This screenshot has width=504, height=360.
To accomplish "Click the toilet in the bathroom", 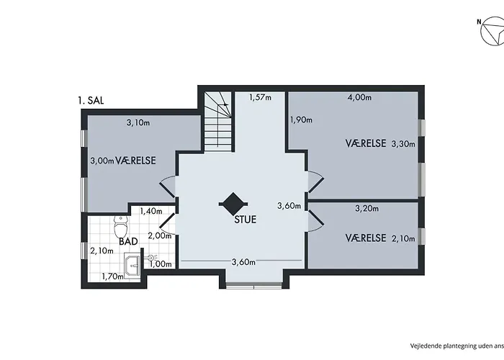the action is pyautogui.click(x=121, y=226).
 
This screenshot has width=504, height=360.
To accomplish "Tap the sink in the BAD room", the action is pyautogui.click(x=132, y=264).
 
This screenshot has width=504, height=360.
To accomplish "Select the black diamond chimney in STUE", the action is pyautogui.click(x=233, y=204).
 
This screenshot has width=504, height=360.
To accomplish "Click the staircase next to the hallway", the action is pyautogui.click(x=218, y=122).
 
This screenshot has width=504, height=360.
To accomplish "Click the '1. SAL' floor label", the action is pyautogui.click(x=91, y=101).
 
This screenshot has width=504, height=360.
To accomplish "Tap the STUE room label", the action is pyautogui.click(x=246, y=220).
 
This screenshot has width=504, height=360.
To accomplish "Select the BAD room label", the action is pyautogui.click(x=128, y=241).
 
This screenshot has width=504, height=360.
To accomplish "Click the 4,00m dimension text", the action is pyautogui.click(x=360, y=97).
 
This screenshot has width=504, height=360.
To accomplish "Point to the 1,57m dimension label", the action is pyautogui.click(x=260, y=96).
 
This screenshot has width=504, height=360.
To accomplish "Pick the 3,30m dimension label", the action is pyautogui.click(x=403, y=144).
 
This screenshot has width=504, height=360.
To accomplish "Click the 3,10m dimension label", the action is pyautogui.click(x=138, y=122).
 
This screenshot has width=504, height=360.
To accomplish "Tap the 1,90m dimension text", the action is pyautogui.click(x=301, y=120).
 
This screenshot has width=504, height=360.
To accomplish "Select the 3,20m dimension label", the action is pyautogui.click(x=366, y=208).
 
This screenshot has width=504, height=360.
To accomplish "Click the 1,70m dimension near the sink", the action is pyautogui.click(x=113, y=276).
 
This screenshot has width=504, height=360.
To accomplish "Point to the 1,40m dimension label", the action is pyautogui.click(x=151, y=211).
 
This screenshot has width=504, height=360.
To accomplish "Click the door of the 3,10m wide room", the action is pyautogui.click(x=168, y=186).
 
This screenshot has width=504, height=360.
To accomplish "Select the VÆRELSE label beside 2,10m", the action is pyautogui.click(x=366, y=238).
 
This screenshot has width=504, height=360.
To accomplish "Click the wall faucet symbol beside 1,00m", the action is pyautogui.click(x=152, y=257).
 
